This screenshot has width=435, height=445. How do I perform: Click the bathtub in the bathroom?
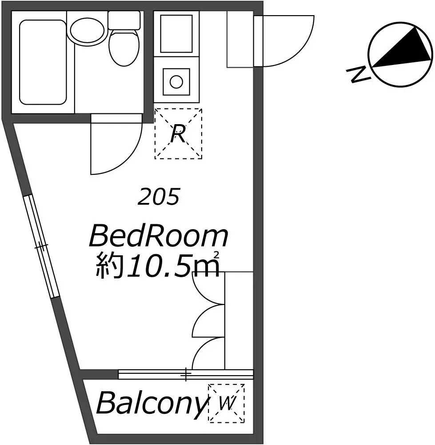(x=43, y=62)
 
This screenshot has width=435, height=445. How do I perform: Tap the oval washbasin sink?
(x=87, y=32)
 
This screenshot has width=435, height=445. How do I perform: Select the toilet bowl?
(x=124, y=47)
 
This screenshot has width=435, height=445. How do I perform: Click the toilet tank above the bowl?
(x=124, y=20)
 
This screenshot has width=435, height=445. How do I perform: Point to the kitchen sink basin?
(x=176, y=34)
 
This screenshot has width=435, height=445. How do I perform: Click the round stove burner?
(x=176, y=82)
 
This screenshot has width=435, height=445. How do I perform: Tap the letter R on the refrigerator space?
(x=178, y=134)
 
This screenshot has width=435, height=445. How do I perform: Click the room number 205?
(x=159, y=196)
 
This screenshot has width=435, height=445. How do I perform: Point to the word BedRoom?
(x=159, y=236)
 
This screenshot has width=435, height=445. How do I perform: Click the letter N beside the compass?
(x=358, y=75)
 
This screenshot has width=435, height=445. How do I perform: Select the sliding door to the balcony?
(x=186, y=374)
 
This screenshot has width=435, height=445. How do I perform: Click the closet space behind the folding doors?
(x=239, y=321)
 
